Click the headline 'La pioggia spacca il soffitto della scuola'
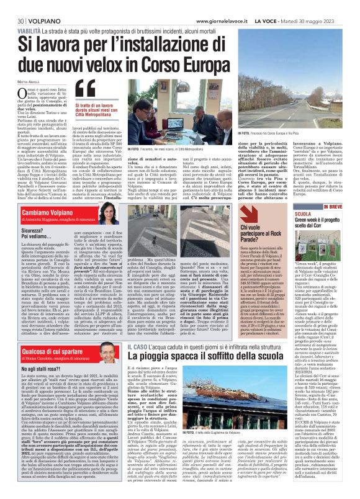point(212,359)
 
